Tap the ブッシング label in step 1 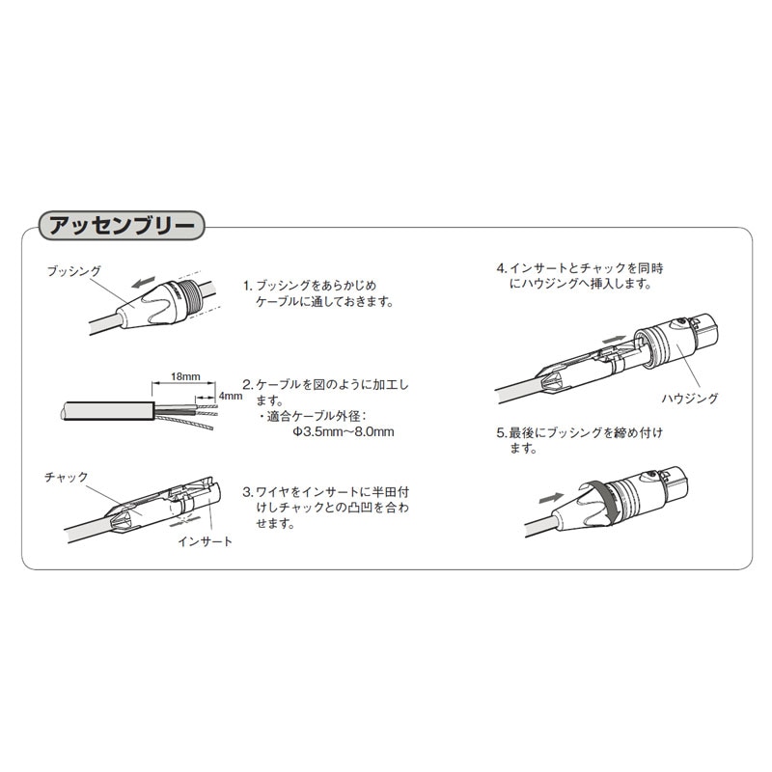coord(74,272)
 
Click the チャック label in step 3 coord(67,477)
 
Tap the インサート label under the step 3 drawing coord(205,542)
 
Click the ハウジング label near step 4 coord(690,397)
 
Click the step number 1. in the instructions coord(247,287)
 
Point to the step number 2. coord(247,384)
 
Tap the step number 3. coord(247,490)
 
